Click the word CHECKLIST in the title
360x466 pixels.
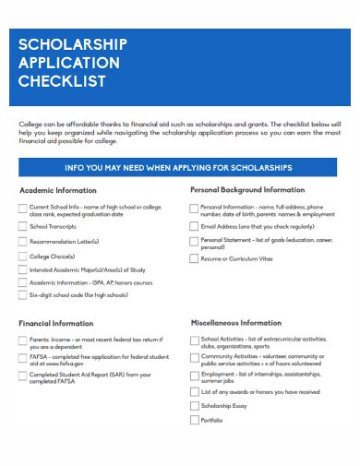point(62,81)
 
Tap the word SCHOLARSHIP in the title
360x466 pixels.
point(73,44)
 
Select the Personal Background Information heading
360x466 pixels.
point(246,189)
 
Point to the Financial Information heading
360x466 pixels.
point(56,324)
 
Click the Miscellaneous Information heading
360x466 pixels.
point(235,324)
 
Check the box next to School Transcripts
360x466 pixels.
point(22,225)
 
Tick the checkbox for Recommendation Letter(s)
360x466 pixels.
point(22,241)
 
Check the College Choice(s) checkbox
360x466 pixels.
point(22,256)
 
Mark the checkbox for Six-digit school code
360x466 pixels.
point(22,295)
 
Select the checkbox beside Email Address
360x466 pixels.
point(193,225)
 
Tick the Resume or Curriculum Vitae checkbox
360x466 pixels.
point(193,259)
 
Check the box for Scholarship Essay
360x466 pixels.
point(193,405)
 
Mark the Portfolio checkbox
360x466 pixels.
point(193,420)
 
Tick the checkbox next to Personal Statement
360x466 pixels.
point(193,242)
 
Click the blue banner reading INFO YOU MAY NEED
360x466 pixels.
point(179,168)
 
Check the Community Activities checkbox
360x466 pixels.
point(193,357)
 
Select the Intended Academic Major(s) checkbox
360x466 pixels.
point(22,269)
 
